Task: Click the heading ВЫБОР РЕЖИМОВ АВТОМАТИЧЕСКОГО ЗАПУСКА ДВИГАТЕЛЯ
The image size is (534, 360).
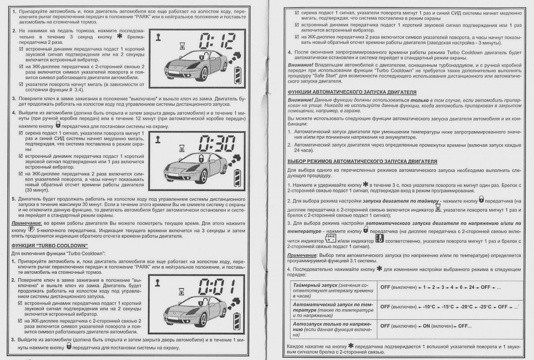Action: (x=362, y=161)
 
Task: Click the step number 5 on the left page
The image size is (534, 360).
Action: (x=13, y=199)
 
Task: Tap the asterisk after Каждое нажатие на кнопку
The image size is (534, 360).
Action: (x=351, y=346)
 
